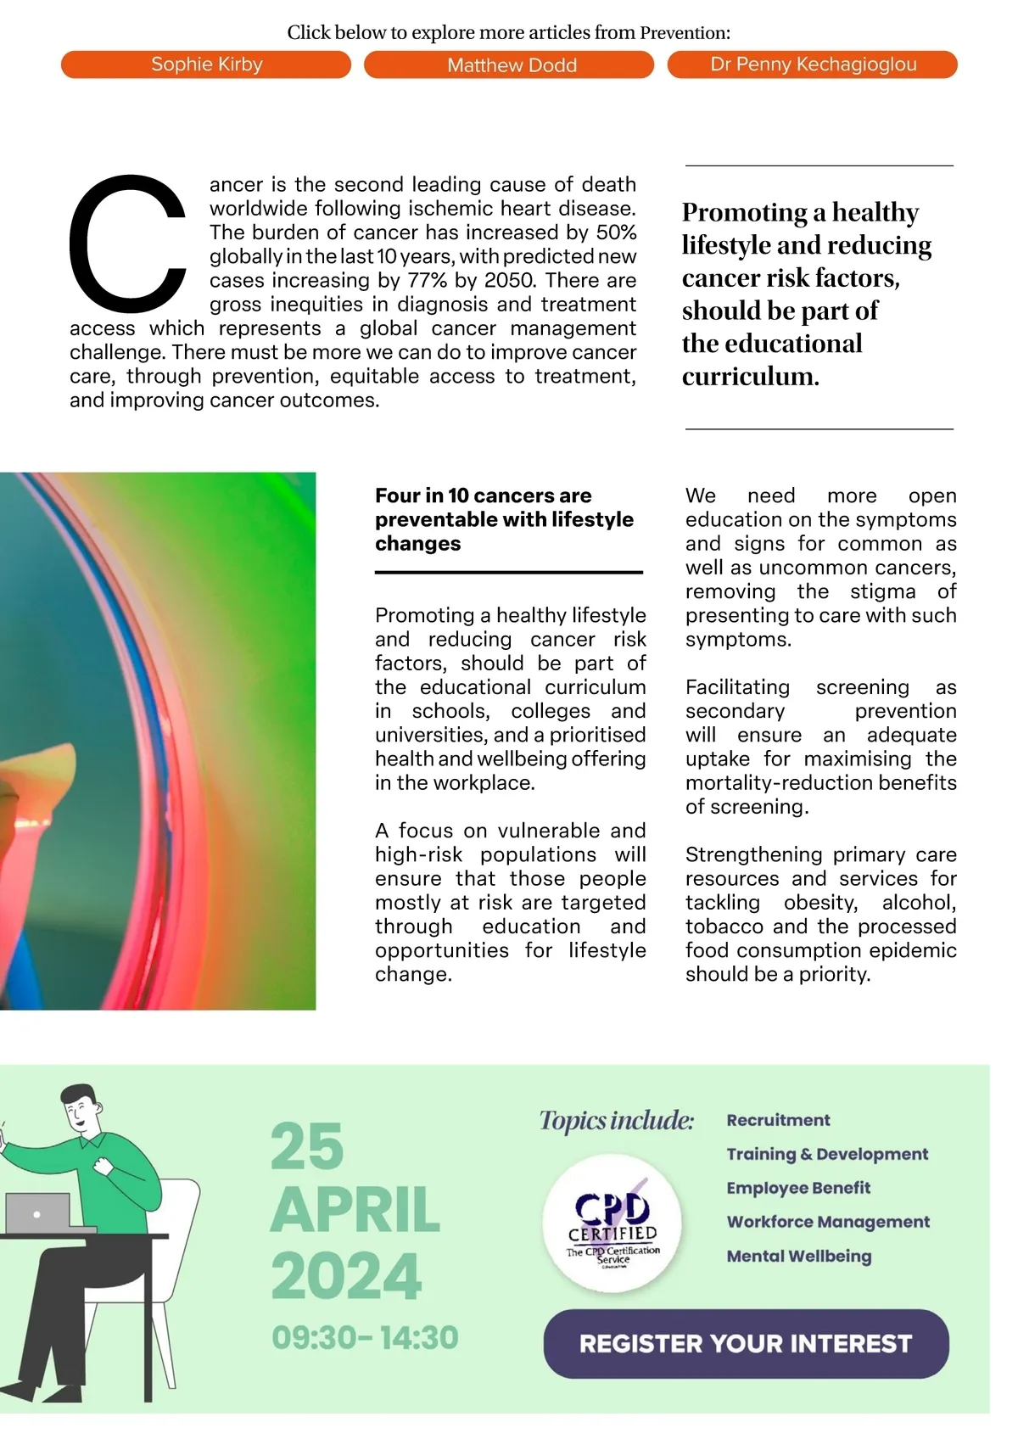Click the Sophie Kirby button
[206, 64]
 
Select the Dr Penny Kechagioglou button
[812, 64]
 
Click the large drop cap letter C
[127, 244]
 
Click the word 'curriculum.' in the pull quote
[750, 377]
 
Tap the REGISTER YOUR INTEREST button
[746, 1344]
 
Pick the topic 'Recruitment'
[778, 1120]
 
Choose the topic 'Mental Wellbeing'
[798, 1256]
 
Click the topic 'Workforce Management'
[828, 1222]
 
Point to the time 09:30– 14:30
[365, 1338]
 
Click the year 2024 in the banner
[346, 1276]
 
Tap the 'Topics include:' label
[617, 1121]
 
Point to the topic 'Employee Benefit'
[798, 1188]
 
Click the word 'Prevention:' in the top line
[685, 33]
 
